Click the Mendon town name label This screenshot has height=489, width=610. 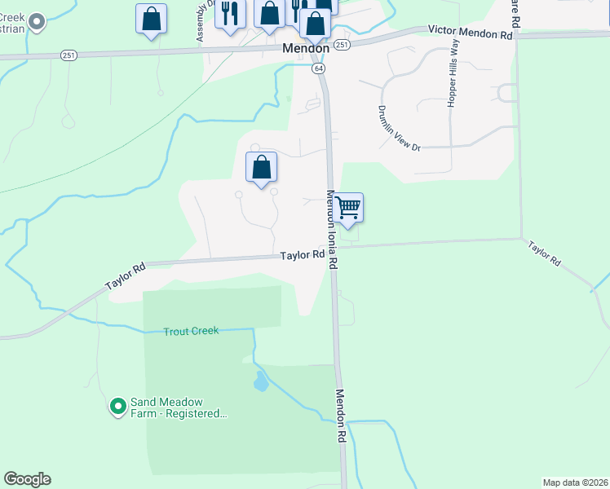tap(306, 48)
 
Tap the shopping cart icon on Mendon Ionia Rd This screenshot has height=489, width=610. tap(348, 208)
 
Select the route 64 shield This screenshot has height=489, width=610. tap(319, 68)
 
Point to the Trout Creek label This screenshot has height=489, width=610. tap(191, 331)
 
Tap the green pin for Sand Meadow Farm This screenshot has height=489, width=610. tap(118, 405)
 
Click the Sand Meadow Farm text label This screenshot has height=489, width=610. tap(178, 407)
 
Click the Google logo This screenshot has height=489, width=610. tap(27, 479)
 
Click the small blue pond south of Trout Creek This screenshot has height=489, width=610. tap(259, 381)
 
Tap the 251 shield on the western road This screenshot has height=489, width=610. tap(69, 55)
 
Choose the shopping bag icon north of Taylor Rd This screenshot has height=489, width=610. tap(261, 168)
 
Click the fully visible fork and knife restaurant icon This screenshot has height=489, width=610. tap(231, 14)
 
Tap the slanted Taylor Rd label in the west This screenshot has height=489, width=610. tap(126, 277)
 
